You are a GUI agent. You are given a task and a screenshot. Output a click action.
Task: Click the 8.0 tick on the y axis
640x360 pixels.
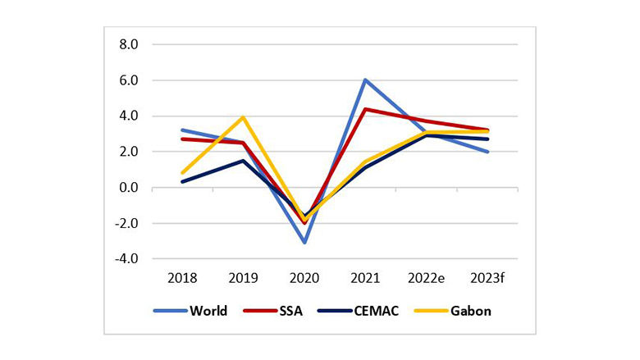[130, 44]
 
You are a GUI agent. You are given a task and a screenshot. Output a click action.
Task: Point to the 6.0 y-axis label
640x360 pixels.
[130, 80]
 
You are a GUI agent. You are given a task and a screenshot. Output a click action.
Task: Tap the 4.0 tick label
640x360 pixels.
[130, 116]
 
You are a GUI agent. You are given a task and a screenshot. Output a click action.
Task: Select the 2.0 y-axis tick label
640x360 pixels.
[130, 152]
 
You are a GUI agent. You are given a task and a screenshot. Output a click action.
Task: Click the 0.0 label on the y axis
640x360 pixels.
[130, 188]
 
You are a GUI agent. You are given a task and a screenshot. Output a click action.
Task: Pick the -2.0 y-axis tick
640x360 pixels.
[128, 223]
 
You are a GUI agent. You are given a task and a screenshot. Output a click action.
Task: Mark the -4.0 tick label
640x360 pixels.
[128, 259]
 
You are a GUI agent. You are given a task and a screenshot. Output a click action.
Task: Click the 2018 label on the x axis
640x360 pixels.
[181, 279]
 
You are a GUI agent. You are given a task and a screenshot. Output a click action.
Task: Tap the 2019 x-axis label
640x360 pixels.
[243, 279]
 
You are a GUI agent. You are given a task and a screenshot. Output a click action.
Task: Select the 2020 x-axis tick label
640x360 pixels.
[304, 279]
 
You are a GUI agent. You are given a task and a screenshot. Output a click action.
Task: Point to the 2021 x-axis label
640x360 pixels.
[366, 279]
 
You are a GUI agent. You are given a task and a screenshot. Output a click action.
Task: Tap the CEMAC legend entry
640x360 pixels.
[356, 311]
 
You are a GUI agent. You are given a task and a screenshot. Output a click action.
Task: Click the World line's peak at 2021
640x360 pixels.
[365, 80]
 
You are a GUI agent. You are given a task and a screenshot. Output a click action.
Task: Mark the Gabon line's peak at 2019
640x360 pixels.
[243, 117]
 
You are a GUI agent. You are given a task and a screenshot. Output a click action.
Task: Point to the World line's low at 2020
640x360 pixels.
[304, 243]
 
